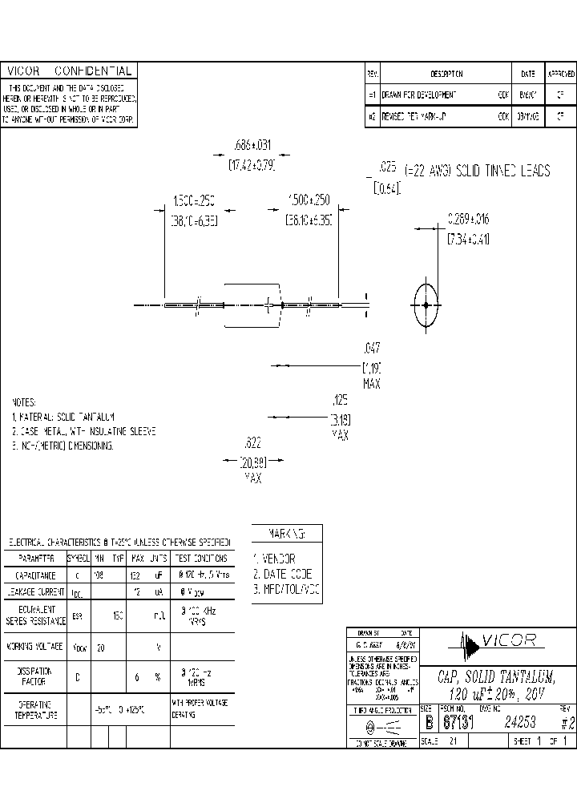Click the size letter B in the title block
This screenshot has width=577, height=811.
pyautogui.click(x=426, y=721)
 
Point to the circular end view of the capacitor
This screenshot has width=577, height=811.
pyautogui.click(x=425, y=305)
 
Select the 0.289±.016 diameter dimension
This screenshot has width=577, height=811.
pyautogui.click(x=468, y=217)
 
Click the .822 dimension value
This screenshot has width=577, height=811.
pyautogui.click(x=252, y=442)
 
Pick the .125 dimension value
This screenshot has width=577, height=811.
pyautogui.click(x=340, y=398)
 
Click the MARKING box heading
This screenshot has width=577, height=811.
pyautogui.click(x=286, y=534)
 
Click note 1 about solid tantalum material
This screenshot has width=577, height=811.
pyautogui.click(x=64, y=417)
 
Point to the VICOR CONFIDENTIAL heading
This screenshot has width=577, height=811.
pyautogui.click(x=67, y=71)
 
